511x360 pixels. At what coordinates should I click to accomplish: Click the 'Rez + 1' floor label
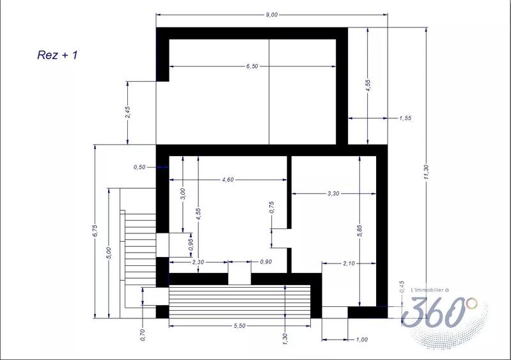pos(58,56)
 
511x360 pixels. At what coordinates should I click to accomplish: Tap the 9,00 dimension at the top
pos(271,15)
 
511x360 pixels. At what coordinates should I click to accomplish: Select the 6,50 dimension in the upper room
pos(251,66)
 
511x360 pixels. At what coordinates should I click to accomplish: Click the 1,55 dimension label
pos(405,118)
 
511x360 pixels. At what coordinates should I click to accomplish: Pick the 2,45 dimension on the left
pos(128,113)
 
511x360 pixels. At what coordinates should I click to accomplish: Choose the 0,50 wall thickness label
pos(139,167)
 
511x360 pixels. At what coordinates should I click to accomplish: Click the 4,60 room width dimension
pos(227,180)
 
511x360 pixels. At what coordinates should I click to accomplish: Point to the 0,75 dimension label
pos(272,207)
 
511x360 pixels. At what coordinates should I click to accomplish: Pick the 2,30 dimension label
pos(198,262)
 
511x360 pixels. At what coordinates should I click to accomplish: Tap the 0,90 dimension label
pos(265,262)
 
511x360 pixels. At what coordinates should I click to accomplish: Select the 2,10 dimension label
pos(349,263)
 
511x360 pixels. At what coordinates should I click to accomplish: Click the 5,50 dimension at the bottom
pos(240,325)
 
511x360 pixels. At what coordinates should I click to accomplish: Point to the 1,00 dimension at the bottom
pos(361,340)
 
